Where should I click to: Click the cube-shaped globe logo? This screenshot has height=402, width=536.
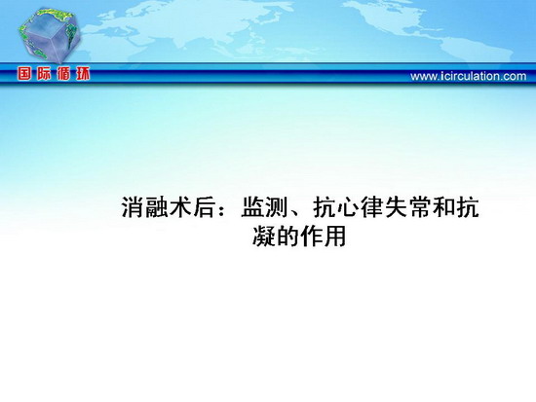[50, 34]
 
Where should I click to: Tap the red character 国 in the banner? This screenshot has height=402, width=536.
[24, 74]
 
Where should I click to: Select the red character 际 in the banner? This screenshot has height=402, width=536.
[44, 74]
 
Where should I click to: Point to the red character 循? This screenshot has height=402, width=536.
[63, 74]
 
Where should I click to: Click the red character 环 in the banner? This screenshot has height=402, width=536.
[83, 74]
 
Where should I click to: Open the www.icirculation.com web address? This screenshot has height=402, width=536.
[469, 76]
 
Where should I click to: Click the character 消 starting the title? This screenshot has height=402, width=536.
[133, 206]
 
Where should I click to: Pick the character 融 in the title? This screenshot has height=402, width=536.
[157, 206]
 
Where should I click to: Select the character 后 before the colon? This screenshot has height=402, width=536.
[205, 206]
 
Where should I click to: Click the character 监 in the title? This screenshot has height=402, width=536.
[252, 206]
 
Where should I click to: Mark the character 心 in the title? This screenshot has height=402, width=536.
[348, 206]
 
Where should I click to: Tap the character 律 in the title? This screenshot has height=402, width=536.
[372, 206]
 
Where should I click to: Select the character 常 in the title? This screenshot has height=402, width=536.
[420, 206]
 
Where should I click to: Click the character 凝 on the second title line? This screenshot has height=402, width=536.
[264, 236]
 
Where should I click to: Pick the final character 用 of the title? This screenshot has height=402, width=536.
[335, 236]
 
